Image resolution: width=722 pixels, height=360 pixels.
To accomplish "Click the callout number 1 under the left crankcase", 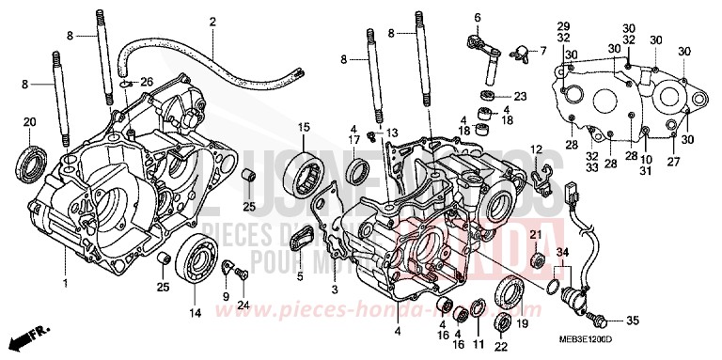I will click(x=66, y=282).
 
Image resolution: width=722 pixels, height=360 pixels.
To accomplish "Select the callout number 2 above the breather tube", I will click(x=212, y=22).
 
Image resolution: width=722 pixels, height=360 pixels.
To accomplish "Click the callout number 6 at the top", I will click(x=477, y=18).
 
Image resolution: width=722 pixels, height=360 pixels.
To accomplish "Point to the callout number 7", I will click(x=541, y=49).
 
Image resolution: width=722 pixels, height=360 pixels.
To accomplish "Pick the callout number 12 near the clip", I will click(x=535, y=149).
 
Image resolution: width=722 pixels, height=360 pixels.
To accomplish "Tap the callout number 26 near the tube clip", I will click(x=146, y=81).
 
